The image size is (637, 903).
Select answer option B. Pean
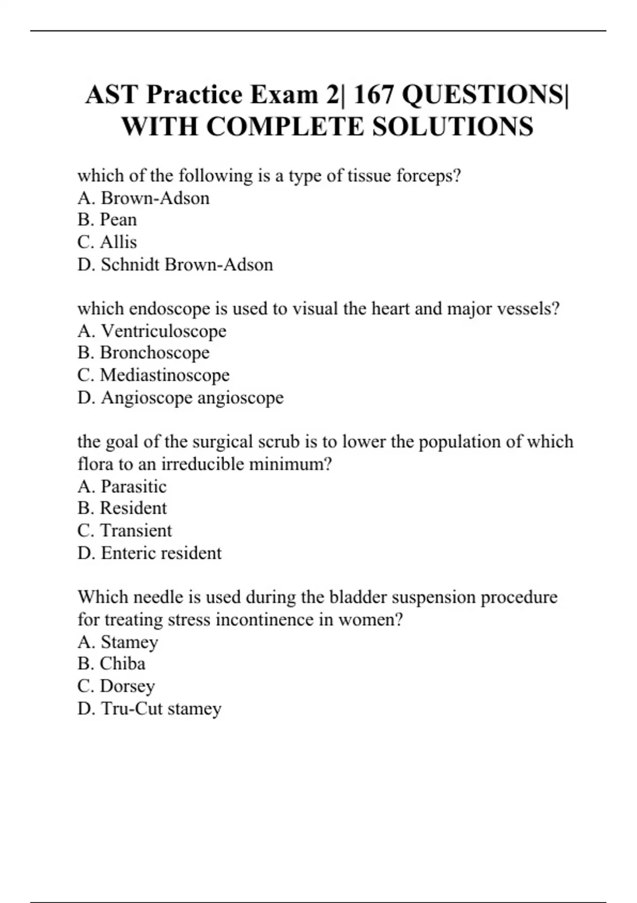pyautogui.click(x=107, y=219)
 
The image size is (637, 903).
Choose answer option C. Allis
pyautogui.click(x=107, y=242)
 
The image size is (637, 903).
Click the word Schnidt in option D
pyautogui.click(x=131, y=264)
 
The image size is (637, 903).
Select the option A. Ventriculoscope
pyautogui.click(x=152, y=330)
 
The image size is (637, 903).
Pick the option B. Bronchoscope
pyautogui.click(x=143, y=352)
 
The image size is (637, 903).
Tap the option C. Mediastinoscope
pyautogui.click(x=153, y=374)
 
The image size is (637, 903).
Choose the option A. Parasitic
pyautogui.click(x=122, y=486)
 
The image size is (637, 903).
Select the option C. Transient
pyautogui.click(x=125, y=530)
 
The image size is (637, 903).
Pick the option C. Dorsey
pyautogui.click(x=116, y=686)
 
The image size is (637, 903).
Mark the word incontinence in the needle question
pyautogui.click(x=257, y=619)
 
